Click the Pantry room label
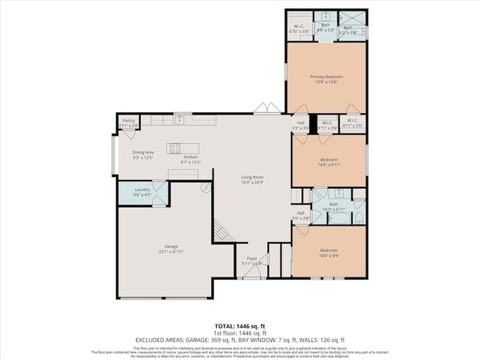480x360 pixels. (x=128, y=120)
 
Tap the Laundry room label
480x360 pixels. (x=143, y=190)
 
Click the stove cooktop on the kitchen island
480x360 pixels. (x=176, y=148)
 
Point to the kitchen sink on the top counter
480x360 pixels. (x=179, y=119)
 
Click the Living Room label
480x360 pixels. (x=252, y=177)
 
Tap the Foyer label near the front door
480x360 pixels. (x=251, y=258)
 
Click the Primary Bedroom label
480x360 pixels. (x=326, y=77)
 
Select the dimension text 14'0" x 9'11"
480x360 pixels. (x=329, y=166)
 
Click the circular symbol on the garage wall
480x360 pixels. (x=208, y=187)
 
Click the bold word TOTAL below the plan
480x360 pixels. (x=225, y=325)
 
